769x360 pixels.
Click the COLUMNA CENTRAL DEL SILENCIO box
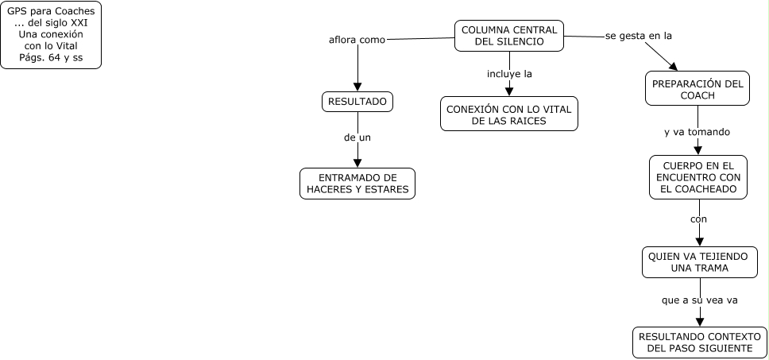[509, 36]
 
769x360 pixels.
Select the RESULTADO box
[357, 102]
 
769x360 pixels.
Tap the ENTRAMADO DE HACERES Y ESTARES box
[357, 183]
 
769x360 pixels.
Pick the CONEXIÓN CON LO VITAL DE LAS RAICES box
[509, 114]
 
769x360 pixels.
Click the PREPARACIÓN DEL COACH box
[698, 89]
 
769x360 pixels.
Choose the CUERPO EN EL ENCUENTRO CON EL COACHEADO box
[698, 176]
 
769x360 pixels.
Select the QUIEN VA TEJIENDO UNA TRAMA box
[698, 261]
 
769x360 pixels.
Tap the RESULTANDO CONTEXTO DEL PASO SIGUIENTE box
[699, 343]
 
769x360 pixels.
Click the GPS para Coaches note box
[51, 36]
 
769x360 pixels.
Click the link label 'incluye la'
[509, 74]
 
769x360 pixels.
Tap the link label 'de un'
[357, 137]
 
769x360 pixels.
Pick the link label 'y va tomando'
[697, 132]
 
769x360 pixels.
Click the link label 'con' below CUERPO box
[698, 219]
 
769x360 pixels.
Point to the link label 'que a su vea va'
[698, 301]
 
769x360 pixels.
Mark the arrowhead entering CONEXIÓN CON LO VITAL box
[509, 91]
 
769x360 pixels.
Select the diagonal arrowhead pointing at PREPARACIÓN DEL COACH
[672, 67]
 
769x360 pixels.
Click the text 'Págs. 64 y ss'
[51, 58]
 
